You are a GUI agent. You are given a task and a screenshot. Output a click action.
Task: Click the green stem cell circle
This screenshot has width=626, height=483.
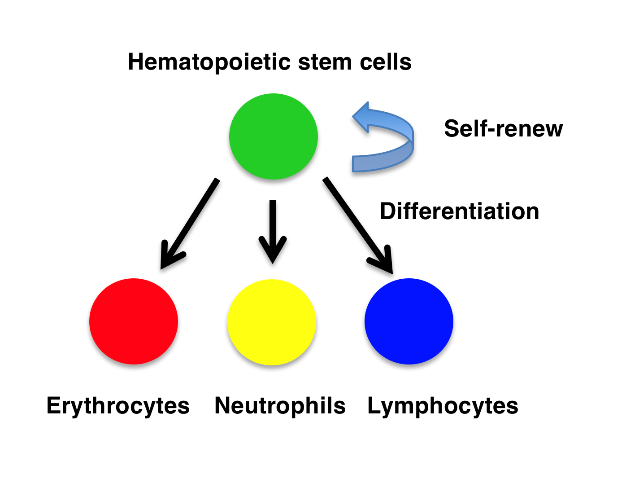[x=273, y=136]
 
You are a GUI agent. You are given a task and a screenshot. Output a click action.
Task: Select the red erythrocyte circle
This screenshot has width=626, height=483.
[x=134, y=321]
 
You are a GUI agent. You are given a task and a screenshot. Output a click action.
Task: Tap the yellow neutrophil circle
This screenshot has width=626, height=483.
[x=272, y=322]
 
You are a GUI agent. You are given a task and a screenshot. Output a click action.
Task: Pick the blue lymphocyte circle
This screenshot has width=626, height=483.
[x=409, y=321]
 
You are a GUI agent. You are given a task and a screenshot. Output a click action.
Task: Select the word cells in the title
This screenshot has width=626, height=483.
[x=386, y=62]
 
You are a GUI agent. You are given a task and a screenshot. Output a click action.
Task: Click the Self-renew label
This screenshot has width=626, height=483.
[x=503, y=128]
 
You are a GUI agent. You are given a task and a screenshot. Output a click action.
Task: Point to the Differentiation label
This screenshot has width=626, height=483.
[x=459, y=211]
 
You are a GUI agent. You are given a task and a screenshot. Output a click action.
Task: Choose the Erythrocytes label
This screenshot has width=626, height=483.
[x=118, y=405]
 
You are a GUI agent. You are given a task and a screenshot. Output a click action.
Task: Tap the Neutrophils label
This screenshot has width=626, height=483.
[x=280, y=405]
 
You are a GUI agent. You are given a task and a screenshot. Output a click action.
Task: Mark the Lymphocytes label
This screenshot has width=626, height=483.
[x=443, y=405]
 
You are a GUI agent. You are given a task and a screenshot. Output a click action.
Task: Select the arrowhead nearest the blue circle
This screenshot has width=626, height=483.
[x=386, y=263]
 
